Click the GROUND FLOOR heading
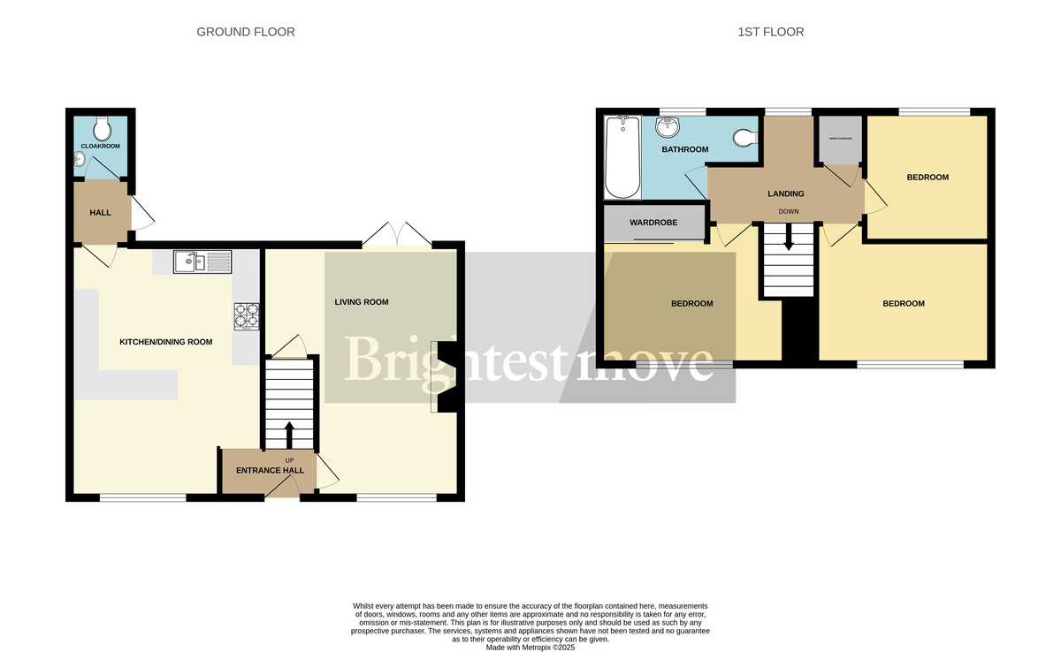tap(245, 32)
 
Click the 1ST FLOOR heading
tap(771, 32)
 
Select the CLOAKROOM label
tap(100, 146)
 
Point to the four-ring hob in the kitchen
tap(246, 316)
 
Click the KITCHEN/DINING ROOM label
tap(166, 342)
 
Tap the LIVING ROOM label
tap(361, 302)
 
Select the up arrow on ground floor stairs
tap(289, 436)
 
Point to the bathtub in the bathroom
tap(622, 158)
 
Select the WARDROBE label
tap(653, 223)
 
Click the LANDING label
tap(785, 193)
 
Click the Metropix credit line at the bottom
tap(530, 647)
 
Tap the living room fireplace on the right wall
tap(447, 377)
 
